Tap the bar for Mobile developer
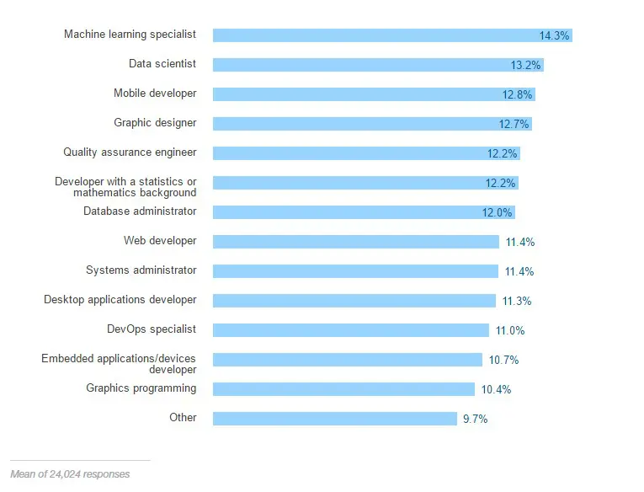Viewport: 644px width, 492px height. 354,94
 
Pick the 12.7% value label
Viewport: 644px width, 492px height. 514,125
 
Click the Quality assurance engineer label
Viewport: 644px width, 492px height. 130,152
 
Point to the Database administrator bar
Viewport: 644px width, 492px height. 345,212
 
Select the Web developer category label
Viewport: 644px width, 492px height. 160,241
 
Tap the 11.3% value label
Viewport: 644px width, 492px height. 517,302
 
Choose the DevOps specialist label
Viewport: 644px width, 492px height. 152,329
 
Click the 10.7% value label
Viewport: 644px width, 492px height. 503,361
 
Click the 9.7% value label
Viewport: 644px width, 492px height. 475,420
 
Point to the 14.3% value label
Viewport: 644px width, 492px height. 555,36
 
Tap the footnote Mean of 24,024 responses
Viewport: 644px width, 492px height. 70,474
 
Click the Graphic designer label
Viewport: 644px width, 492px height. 155,123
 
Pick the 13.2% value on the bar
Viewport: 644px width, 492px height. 524,66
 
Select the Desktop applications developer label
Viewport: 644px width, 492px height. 120,300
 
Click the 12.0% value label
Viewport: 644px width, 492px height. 498,213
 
